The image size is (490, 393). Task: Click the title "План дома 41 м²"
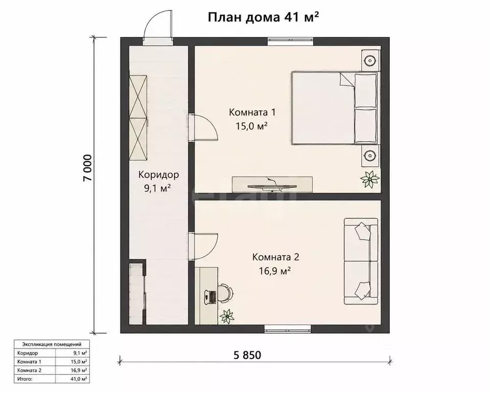tap(263, 17)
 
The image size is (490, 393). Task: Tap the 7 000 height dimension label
tap(87, 168)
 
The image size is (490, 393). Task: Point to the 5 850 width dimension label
tap(247, 355)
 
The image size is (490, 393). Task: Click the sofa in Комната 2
tap(361, 261)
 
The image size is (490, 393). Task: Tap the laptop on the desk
tap(211, 296)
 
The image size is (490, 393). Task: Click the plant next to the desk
tap(227, 316)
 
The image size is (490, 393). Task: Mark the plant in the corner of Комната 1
tap(370, 179)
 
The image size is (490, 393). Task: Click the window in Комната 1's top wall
tap(291, 41)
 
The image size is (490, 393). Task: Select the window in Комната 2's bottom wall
tap(288, 329)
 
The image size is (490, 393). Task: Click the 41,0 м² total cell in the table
tap(79, 379)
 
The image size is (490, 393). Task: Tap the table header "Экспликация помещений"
tap(52, 344)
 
